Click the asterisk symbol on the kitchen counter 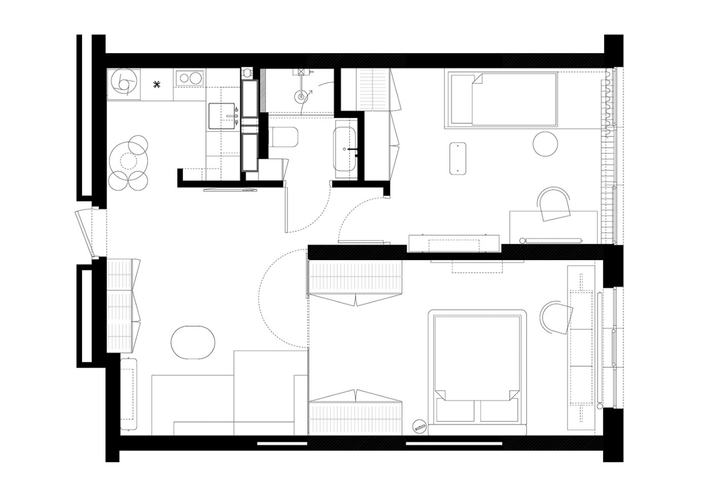tap(158, 84)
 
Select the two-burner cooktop tap(189, 78)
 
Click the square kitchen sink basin tap(223, 115)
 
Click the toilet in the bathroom tap(284, 136)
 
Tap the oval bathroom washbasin tap(345, 149)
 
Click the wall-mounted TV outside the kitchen tap(231, 190)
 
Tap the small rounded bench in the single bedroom tap(458, 158)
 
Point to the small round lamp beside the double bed tap(419, 427)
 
